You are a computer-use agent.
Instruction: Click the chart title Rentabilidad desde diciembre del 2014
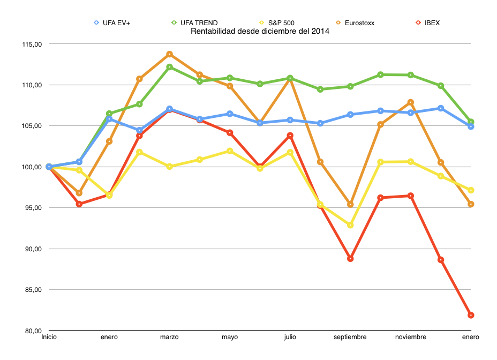(x=260, y=31)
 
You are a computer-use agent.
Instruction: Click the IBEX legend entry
(x=428, y=22)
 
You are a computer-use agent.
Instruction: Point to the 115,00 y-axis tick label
(x=32, y=44)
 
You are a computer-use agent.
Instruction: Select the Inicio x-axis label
(x=49, y=337)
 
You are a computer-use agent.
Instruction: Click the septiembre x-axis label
(x=350, y=337)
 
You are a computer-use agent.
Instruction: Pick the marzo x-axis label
(x=169, y=337)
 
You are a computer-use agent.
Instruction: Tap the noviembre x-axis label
(x=411, y=337)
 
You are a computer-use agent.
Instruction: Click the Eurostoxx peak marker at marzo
(x=169, y=54)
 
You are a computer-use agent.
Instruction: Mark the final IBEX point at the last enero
(x=471, y=315)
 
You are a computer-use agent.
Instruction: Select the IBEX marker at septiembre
(x=350, y=259)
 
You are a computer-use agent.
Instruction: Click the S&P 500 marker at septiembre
(x=350, y=225)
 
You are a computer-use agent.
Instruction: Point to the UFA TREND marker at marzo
(x=169, y=67)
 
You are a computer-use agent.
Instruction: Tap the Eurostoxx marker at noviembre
(x=411, y=102)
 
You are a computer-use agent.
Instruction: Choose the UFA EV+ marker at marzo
(x=169, y=109)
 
